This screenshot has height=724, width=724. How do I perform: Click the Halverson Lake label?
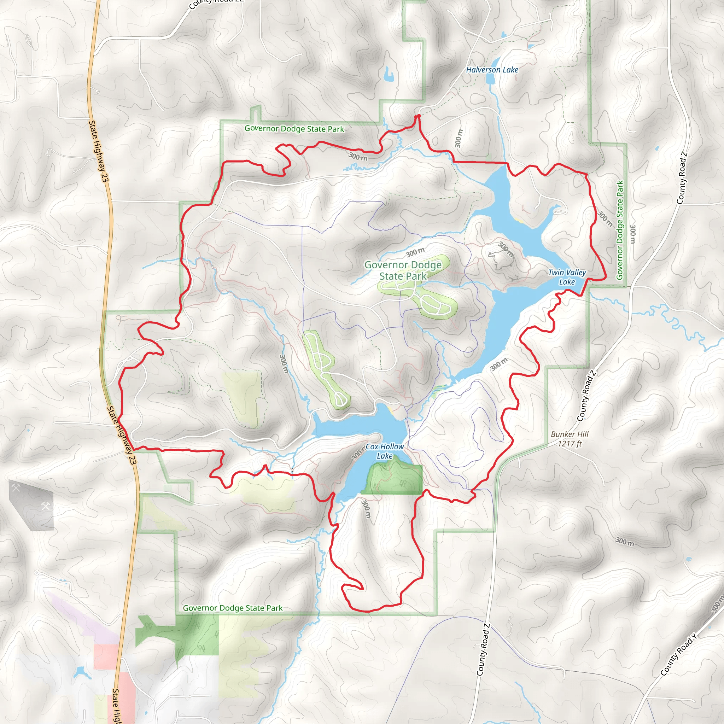[492, 70]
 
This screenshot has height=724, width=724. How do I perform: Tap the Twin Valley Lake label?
[567, 277]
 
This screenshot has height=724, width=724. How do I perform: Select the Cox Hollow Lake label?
[385, 451]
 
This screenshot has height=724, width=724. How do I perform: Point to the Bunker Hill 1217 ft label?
[570, 439]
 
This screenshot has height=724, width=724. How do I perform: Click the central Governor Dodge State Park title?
[403, 270]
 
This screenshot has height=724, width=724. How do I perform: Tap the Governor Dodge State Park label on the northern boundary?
[294, 129]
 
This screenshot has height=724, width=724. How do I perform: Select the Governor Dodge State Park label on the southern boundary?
[233, 608]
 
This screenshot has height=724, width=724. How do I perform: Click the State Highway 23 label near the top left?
[99, 151]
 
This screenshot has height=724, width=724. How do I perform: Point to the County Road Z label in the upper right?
[682, 178]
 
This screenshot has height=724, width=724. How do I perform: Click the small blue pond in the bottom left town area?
[80, 673]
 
